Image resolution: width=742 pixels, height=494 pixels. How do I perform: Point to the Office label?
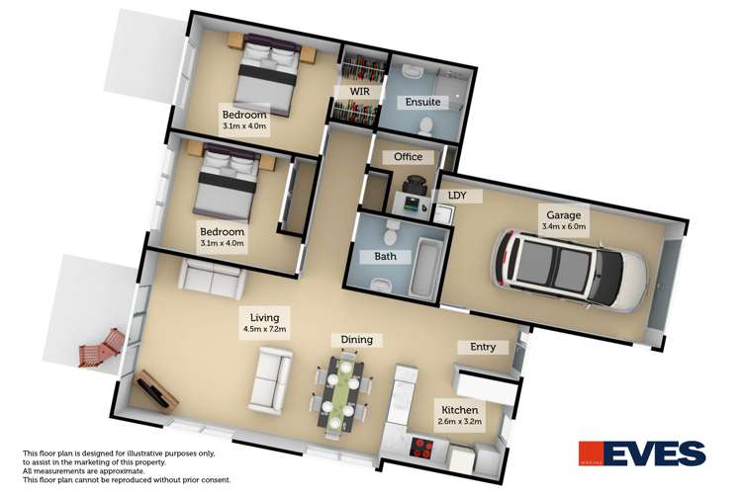[408, 157]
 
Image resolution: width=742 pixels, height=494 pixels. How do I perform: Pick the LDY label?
[457, 196]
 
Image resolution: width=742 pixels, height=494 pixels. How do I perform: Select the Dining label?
[357, 340]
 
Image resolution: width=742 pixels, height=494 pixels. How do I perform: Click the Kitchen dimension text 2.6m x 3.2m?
[460, 423]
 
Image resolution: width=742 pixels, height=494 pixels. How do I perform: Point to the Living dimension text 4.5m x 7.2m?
[264, 329]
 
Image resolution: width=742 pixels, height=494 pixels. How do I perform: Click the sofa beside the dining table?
[268, 384]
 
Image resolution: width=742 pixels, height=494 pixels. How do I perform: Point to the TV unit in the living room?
[158, 392]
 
